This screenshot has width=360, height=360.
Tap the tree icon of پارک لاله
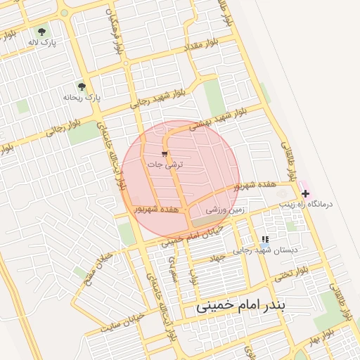[x=41, y=32]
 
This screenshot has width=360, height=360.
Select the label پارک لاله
[x=41, y=43]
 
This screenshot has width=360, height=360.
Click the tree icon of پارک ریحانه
[x=82, y=87]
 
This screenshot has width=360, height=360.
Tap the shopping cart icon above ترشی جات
[x=165, y=154]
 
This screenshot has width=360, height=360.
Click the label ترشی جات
[x=165, y=164]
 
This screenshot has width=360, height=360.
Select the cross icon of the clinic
[x=305, y=193]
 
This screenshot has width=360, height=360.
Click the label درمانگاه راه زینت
[x=305, y=204]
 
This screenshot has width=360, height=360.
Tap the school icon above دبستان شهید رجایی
[x=265, y=240]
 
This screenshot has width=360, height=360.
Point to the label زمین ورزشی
[x=223, y=210]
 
